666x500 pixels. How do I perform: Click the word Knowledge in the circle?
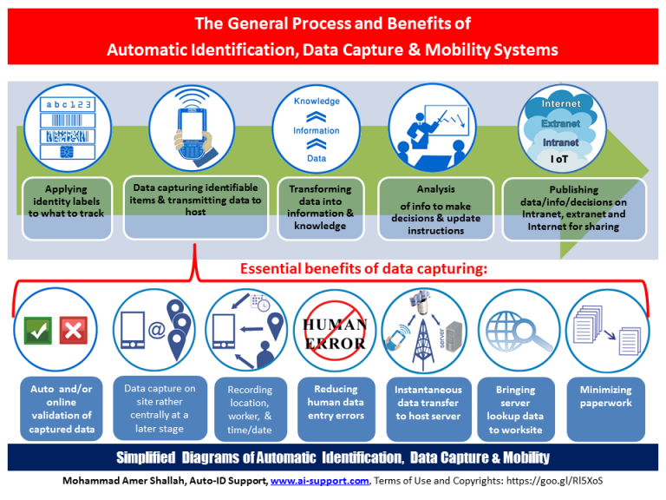317,101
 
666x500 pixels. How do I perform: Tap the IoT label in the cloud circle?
559,159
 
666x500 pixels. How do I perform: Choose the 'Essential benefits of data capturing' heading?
363,269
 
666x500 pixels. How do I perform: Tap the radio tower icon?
422,334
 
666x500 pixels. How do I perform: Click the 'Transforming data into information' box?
320,208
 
